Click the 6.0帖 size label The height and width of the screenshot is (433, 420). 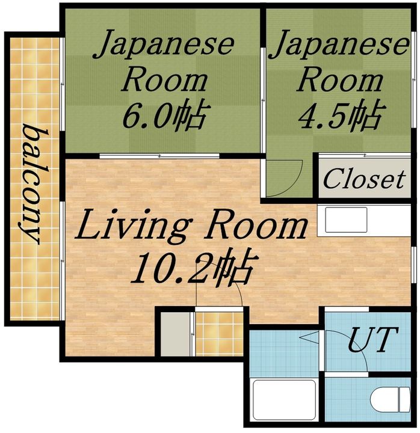pyautogui.click(x=165, y=116)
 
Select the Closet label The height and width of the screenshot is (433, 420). pyautogui.click(x=365, y=179)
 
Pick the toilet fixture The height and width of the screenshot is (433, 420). pyautogui.click(x=390, y=399)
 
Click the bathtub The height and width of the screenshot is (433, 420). pyautogui.click(x=285, y=400)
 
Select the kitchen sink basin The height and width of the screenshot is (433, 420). pyautogui.click(x=347, y=220)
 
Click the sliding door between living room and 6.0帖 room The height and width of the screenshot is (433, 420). pyautogui.click(x=159, y=156)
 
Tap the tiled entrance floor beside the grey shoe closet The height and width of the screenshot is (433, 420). pyautogui.click(x=220, y=334)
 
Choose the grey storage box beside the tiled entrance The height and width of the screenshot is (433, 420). pyautogui.click(x=175, y=334)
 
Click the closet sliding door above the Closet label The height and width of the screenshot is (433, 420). pyautogui.click(x=365, y=156)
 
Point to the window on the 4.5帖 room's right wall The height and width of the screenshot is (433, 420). pyautogui.click(x=413, y=79)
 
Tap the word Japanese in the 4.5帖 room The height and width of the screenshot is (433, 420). pyautogui.click(x=339, y=44)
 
